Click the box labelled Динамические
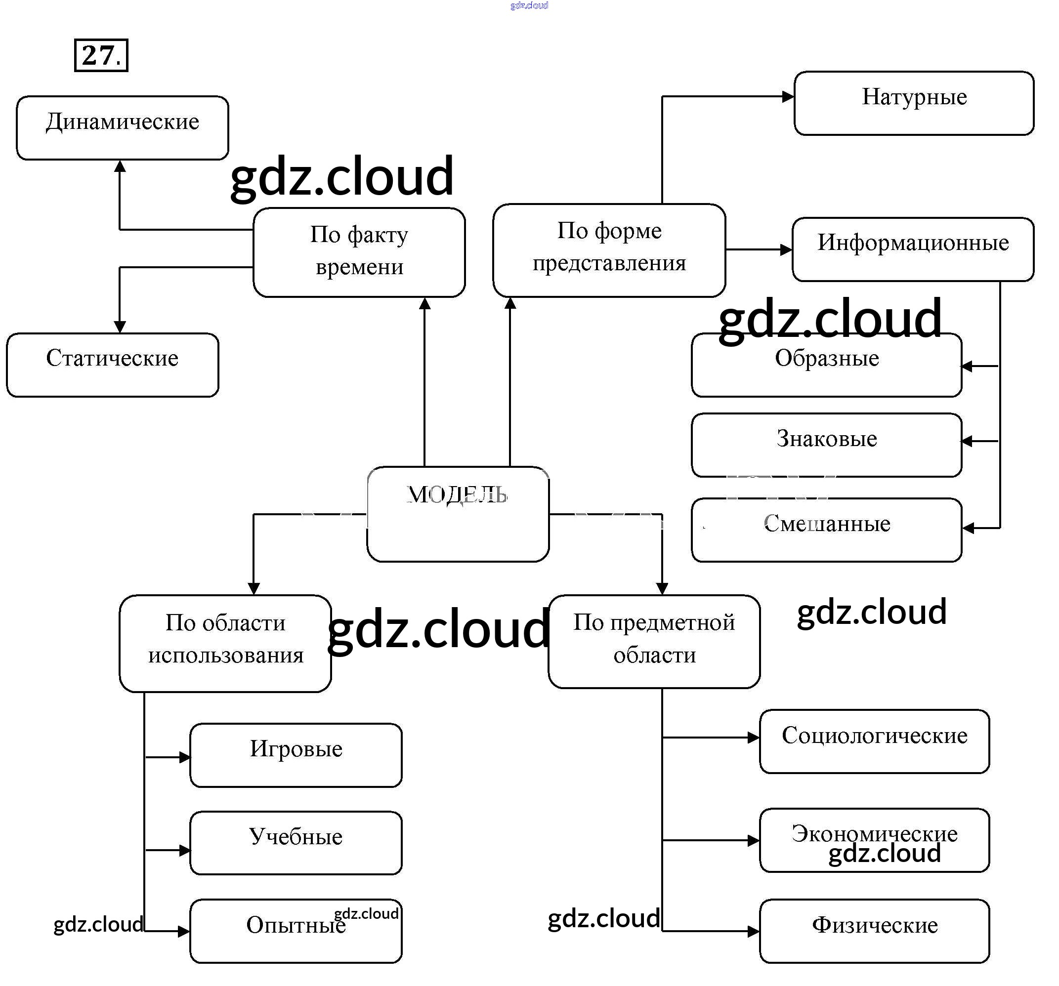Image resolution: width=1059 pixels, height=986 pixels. (122, 128)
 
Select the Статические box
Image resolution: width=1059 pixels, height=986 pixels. (112, 365)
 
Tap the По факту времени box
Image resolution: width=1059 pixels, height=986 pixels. (359, 252)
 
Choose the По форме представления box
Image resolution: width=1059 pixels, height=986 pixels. (609, 250)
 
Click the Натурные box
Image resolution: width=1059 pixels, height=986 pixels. (914, 103)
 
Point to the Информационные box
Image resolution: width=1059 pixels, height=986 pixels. (913, 249)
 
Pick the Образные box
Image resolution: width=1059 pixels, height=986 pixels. (826, 365)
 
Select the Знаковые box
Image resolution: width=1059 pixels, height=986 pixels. (826, 445)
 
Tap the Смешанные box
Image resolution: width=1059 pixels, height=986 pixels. (826, 530)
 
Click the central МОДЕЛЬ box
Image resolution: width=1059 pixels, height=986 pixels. (458, 514)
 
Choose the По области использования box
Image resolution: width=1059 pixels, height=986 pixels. (225, 644)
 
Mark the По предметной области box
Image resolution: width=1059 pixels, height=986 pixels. (654, 642)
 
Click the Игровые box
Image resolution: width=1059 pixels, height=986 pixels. (296, 755)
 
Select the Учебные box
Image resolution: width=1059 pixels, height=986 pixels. (296, 843)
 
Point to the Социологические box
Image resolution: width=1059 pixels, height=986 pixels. (874, 741)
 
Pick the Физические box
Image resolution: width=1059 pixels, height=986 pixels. (874, 931)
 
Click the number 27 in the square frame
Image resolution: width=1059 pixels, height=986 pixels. (101, 55)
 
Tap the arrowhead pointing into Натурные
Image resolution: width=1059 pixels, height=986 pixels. (788, 97)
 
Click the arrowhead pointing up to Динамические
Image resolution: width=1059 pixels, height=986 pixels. (120, 166)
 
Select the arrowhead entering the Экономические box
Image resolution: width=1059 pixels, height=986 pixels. (753, 841)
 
